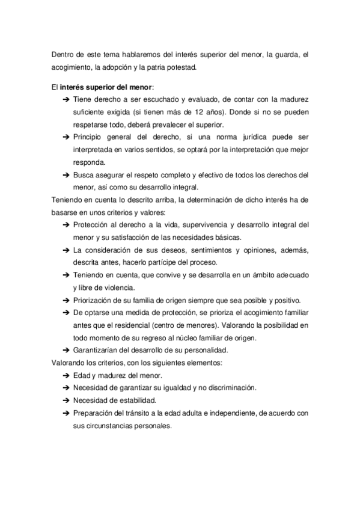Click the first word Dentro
63,55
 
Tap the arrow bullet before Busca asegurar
66,175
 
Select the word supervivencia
195,225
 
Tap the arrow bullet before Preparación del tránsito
66,413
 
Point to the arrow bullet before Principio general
66,138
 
